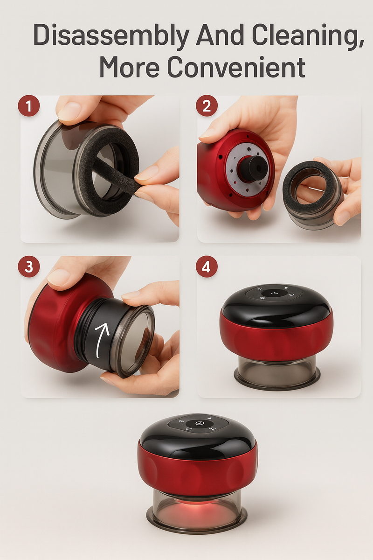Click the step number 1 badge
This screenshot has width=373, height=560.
[29, 106]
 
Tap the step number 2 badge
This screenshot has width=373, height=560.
[207, 106]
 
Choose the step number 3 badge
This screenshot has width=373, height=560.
[29, 266]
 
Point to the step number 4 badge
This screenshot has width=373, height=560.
[207, 266]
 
